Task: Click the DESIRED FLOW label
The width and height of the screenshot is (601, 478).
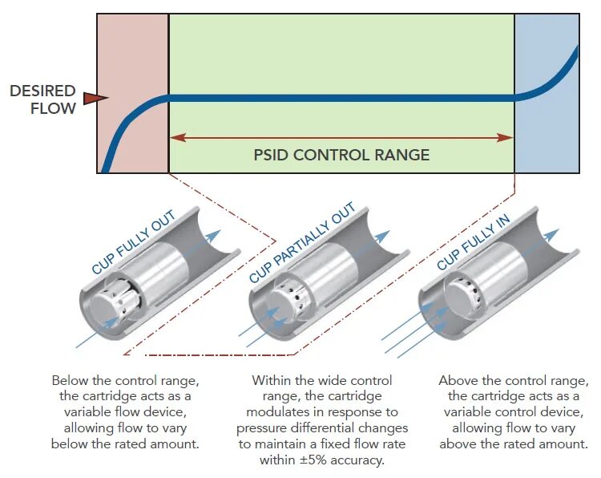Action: [x=42, y=99]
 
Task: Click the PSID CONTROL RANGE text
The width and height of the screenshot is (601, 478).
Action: [x=341, y=155]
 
